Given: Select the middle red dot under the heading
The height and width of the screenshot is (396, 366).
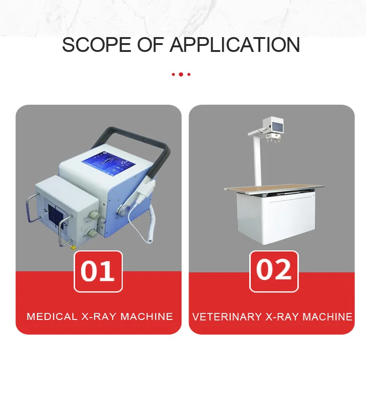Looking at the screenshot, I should [x=181, y=74].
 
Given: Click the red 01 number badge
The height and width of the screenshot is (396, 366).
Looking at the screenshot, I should [x=98, y=271].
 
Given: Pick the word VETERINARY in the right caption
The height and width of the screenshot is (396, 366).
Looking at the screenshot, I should [x=227, y=317].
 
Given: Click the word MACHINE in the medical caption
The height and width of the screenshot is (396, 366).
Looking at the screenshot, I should [x=147, y=317].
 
